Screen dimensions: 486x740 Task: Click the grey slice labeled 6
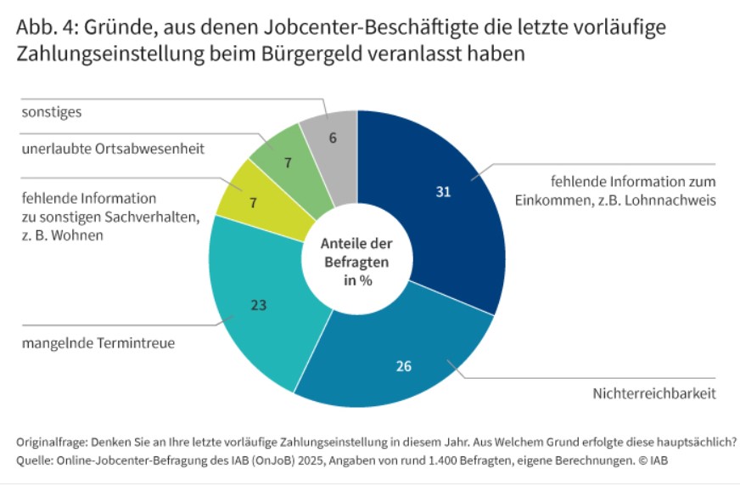coord(333,136)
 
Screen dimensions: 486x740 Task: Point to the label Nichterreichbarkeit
coord(654,394)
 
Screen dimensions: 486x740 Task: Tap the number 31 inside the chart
coord(442,192)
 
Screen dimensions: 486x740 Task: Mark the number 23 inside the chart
coord(259,303)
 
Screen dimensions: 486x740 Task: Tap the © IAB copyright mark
coord(653,461)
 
